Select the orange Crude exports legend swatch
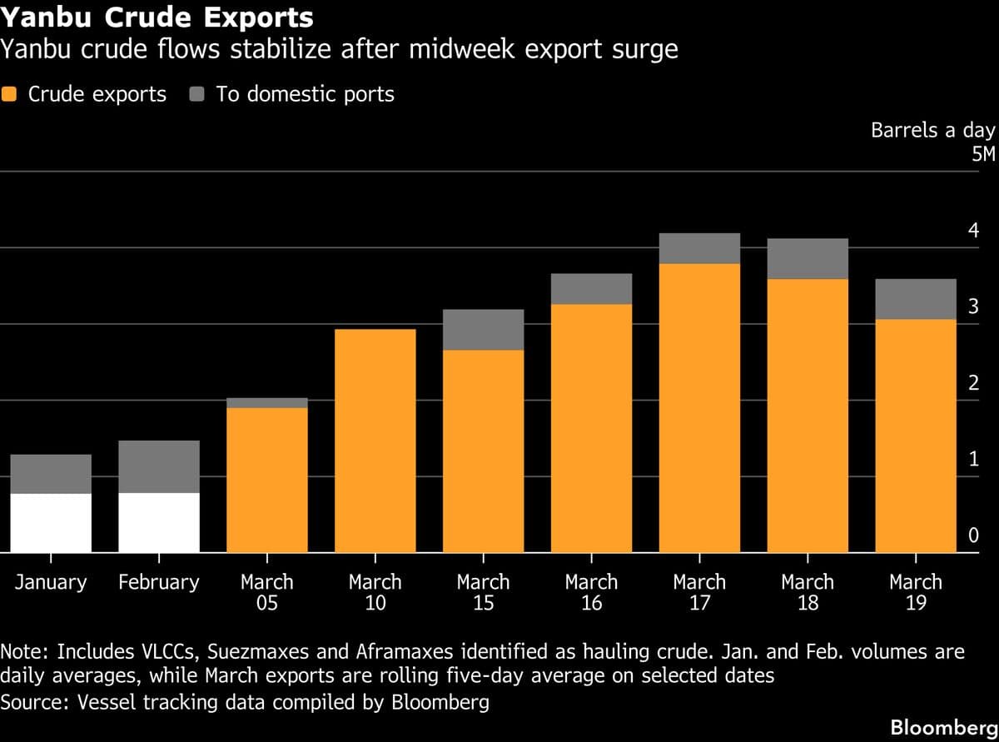[x=11, y=94]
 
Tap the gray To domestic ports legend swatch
[x=197, y=94]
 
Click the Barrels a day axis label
[x=932, y=131]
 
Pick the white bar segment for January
[x=51, y=523]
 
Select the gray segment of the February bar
[x=159, y=466]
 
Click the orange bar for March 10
[x=375, y=441]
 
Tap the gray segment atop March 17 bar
[x=699, y=248]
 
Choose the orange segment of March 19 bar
[x=915, y=436]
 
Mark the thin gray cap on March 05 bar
[x=267, y=403]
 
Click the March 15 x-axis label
[x=483, y=592]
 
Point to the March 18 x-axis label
[x=807, y=592]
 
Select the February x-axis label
[x=159, y=582]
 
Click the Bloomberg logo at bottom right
[x=943, y=726]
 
